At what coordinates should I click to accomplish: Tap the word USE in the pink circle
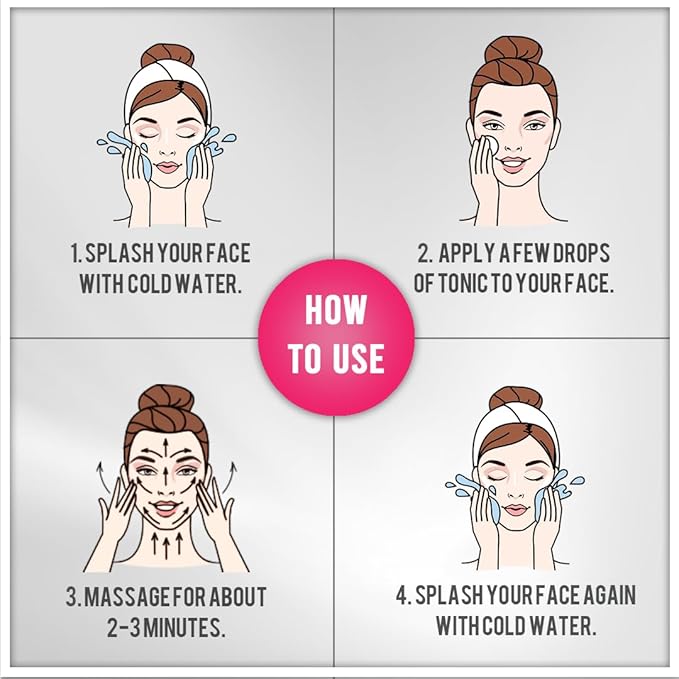(359, 359)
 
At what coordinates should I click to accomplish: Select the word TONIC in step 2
(464, 283)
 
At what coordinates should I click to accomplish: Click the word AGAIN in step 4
(610, 595)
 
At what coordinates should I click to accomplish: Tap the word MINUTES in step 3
(184, 627)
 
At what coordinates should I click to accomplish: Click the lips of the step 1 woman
(168, 167)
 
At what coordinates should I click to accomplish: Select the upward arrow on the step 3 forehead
(165, 448)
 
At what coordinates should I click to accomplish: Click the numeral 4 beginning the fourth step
(402, 595)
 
